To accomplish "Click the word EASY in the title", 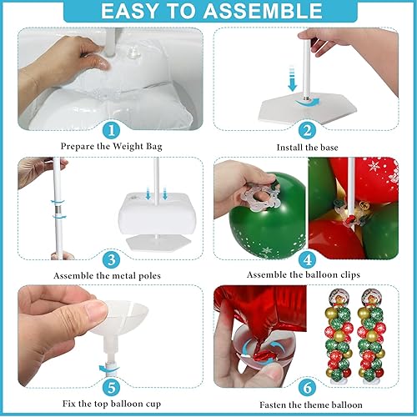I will point(141,13).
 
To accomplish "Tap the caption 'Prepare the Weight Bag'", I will point(110,147).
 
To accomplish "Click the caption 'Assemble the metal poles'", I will point(111,274).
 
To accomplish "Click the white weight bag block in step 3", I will point(153,213).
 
